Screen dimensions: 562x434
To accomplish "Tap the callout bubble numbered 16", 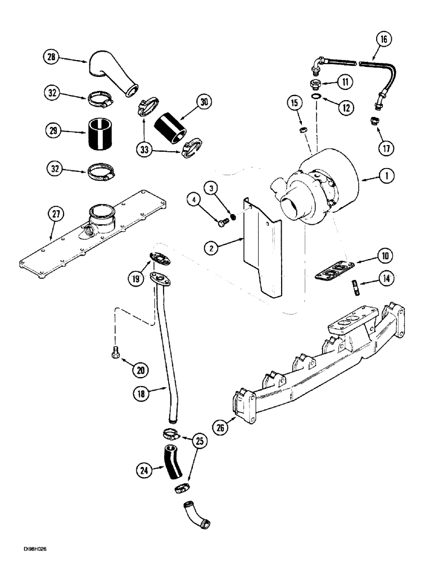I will pos(385,40).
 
